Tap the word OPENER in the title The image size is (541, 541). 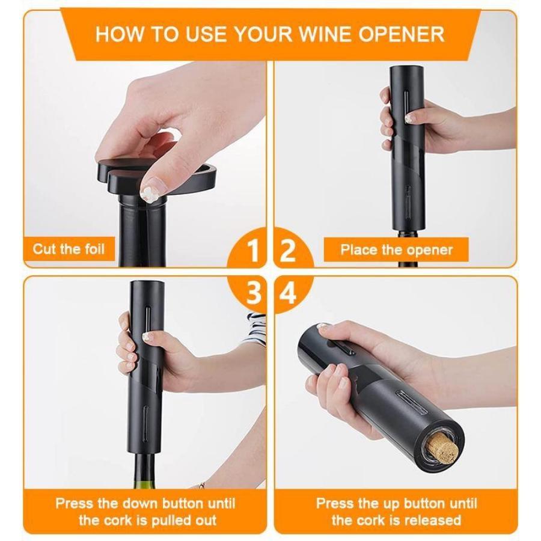(x=401, y=34)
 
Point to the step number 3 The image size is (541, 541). (x=253, y=293)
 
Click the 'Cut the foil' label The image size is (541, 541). (x=69, y=249)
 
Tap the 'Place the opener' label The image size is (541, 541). (x=396, y=249)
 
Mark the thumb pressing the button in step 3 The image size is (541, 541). (x=155, y=337)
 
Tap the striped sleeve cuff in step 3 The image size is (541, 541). (x=255, y=328)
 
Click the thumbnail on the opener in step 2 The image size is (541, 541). (x=409, y=118)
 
